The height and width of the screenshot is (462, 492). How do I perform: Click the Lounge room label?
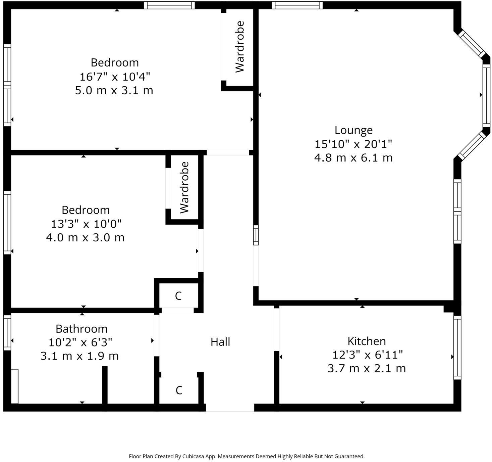click(353, 130)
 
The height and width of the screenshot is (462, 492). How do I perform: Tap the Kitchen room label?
click(367, 341)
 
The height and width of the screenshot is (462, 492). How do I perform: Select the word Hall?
click(220, 342)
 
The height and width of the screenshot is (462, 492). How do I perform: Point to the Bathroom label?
click(81, 329)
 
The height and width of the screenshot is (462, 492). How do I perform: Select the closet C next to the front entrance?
click(179, 390)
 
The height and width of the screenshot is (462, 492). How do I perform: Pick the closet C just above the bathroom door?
click(178, 296)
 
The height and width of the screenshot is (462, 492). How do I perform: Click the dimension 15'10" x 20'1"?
click(353, 144)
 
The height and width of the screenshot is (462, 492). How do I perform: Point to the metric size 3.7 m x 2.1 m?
click(367, 368)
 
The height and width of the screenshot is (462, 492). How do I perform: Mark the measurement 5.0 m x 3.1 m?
click(114, 90)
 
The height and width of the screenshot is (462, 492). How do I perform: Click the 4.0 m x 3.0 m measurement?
click(85, 237)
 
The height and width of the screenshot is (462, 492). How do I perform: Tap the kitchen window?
click(457, 347)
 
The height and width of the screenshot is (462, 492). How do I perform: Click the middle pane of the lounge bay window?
click(486, 95)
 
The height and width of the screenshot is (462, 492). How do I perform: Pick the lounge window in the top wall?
click(297, 5)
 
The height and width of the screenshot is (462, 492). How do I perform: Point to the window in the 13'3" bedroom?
click(7, 223)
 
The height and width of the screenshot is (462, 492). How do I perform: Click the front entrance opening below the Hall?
click(230, 408)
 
